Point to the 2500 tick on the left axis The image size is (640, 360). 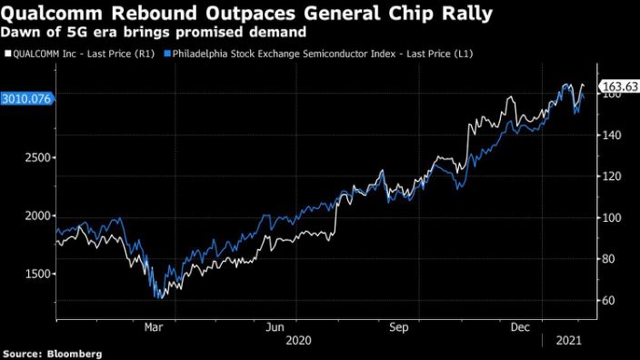click(35, 158)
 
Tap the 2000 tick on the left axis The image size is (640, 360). click(35, 216)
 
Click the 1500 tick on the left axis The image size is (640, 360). click(35, 274)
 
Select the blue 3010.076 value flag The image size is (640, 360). click(27, 98)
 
